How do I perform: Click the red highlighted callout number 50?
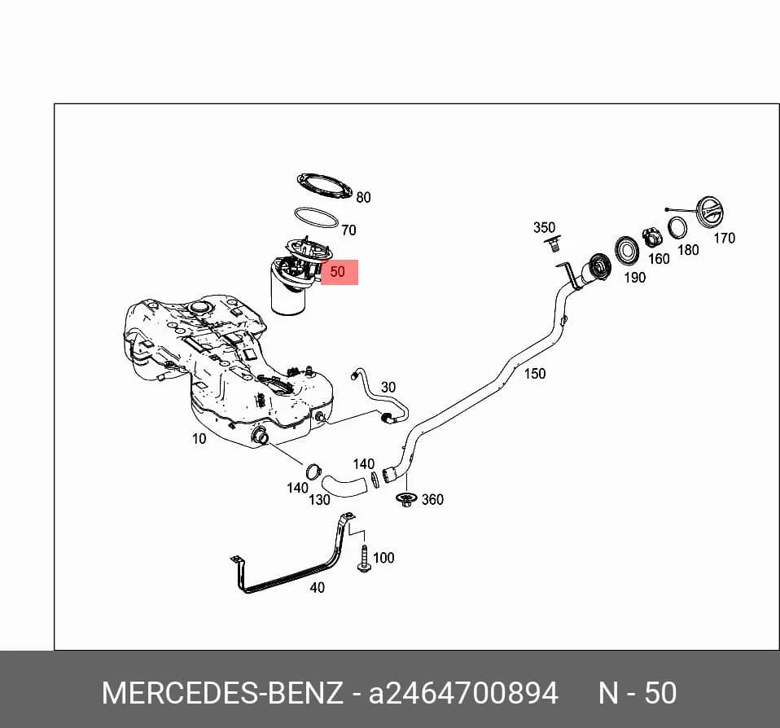click(x=337, y=272)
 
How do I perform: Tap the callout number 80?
click(x=364, y=198)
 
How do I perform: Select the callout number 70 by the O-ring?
click(x=348, y=230)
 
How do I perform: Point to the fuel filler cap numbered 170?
click(x=709, y=213)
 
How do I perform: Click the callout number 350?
click(x=544, y=227)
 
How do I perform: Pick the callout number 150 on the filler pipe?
click(x=535, y=373)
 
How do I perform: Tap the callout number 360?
click(x=432, y=499)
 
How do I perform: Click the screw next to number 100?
click(x=364, y=559)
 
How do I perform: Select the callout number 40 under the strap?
click(x=317, y=588)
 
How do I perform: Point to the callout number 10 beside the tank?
click(x=199, y=438)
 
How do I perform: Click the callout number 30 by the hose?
click(x=388, y=387)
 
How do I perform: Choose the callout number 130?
click(x=319, y=500)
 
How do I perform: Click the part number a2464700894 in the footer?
click(x=463, y=693)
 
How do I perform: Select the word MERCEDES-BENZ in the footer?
click(x=222, y=693)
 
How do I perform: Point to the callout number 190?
click(x=635, y=277)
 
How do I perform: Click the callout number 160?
click(x=659, y=259)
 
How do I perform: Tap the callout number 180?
click(x=689, y=250)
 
